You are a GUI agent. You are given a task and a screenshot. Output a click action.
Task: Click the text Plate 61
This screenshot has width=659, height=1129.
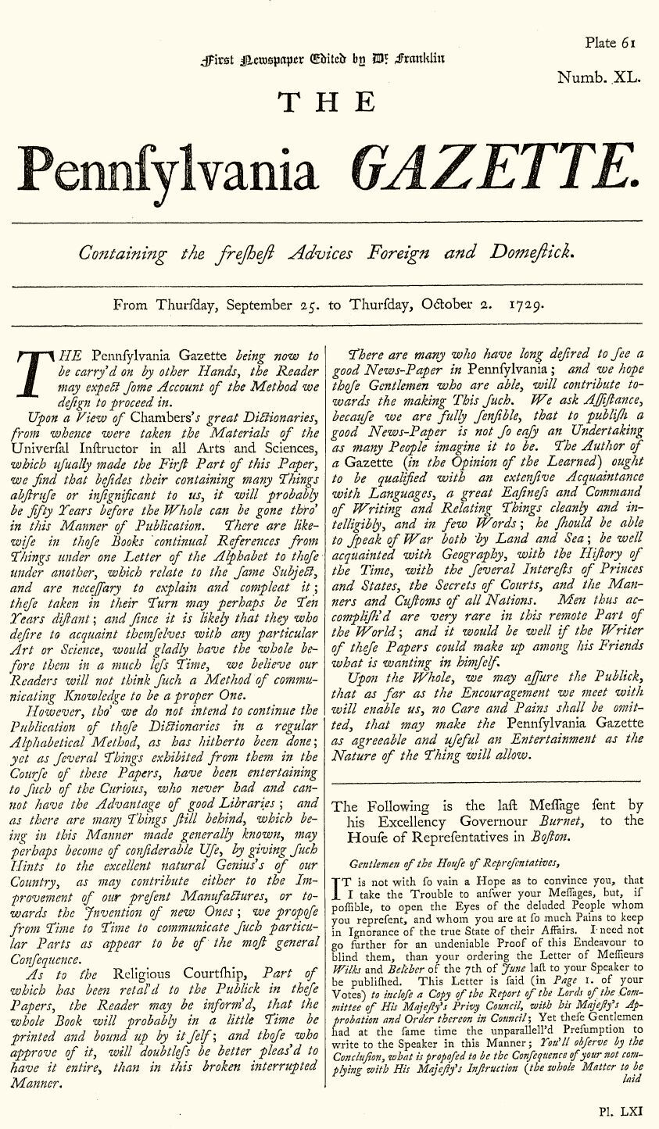click(610, 43)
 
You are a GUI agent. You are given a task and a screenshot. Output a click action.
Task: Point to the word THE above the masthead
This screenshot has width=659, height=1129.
click(328, 102)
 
